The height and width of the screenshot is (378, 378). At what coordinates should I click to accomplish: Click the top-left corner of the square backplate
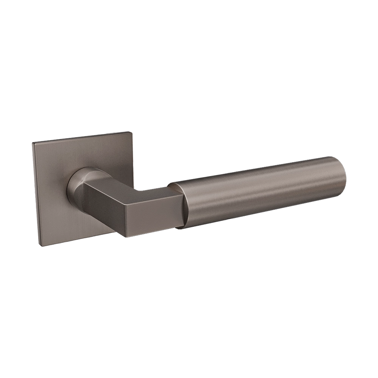33,143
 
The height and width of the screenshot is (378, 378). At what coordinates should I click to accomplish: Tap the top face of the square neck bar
125,187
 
